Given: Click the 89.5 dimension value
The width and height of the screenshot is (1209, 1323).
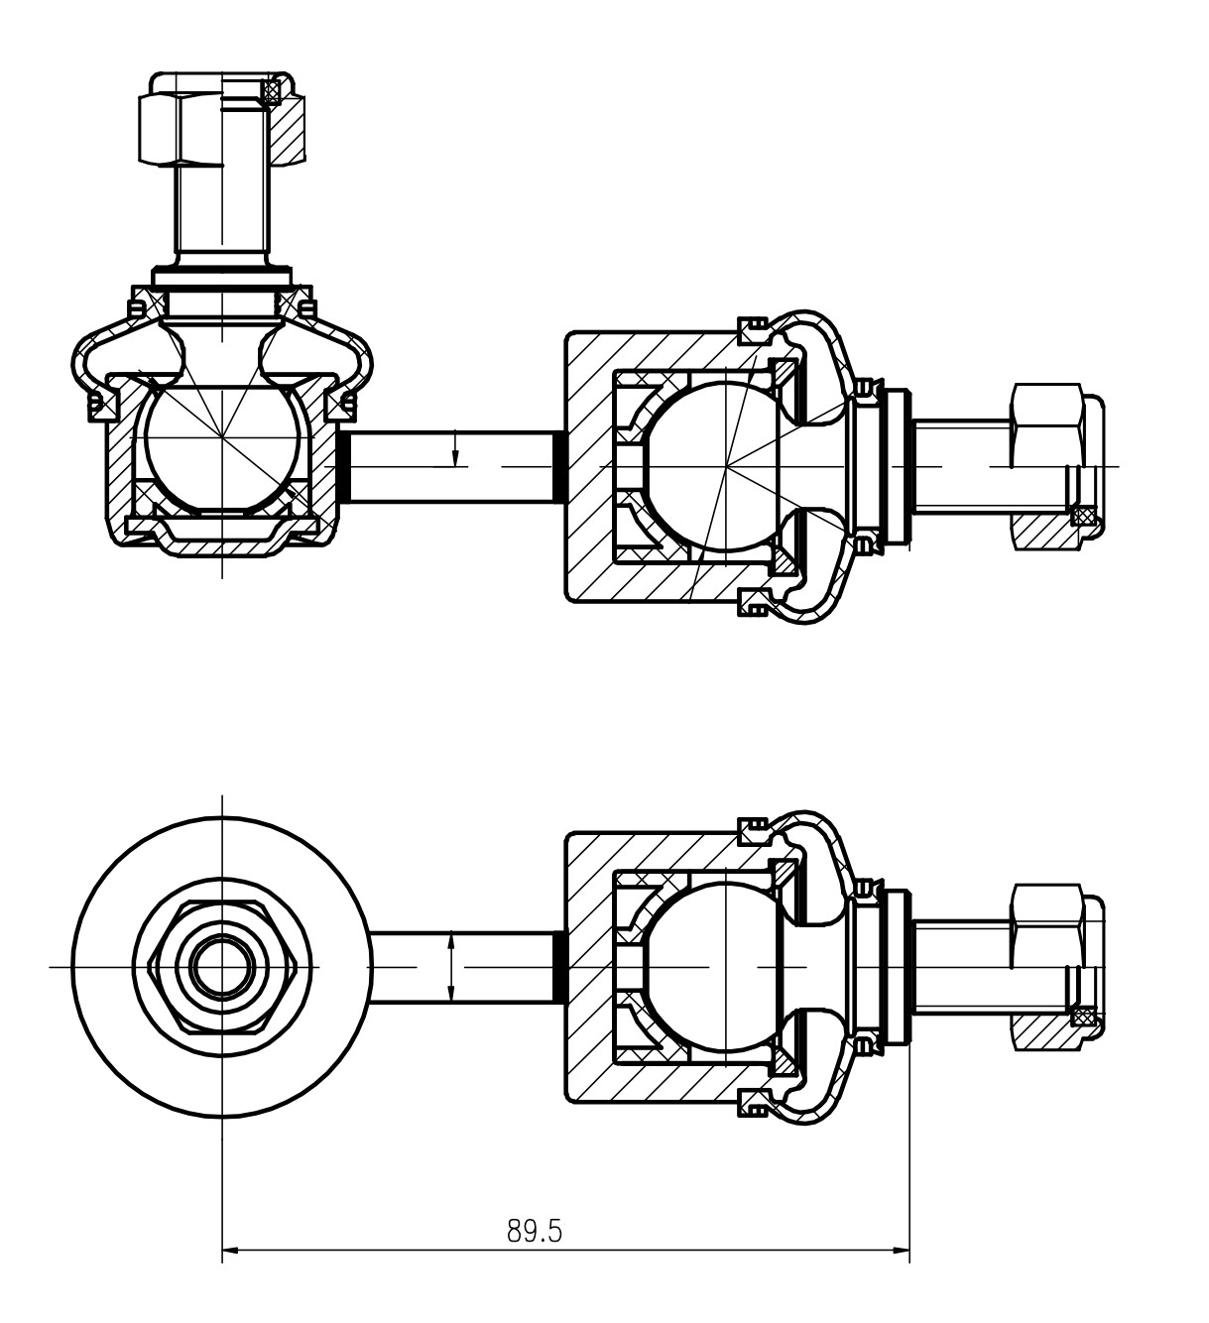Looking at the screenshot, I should tap(535, 1231).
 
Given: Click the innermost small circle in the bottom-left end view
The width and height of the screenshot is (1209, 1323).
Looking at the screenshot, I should tap(220, 966).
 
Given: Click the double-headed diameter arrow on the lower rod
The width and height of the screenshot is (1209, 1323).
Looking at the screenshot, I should tap(451, 966).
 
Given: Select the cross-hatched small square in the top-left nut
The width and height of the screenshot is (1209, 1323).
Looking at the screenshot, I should tap(272, 91).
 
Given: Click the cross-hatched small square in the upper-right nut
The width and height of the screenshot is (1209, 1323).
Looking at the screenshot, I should tap(1084, 515).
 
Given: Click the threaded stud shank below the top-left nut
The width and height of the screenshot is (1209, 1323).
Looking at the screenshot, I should tap(222, 213).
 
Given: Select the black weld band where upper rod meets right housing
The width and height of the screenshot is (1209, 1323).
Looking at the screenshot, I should tap(559, 466).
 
